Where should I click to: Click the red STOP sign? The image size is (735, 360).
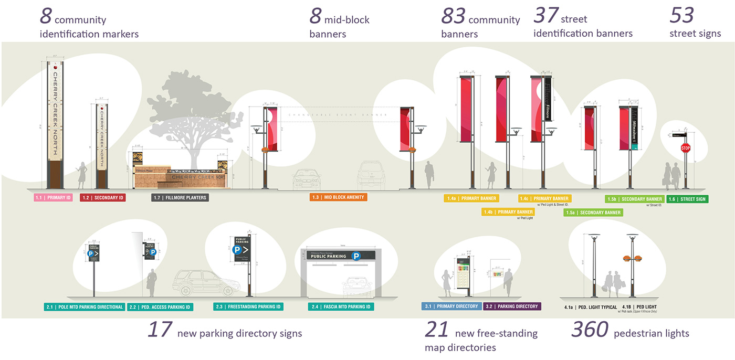(685, 148)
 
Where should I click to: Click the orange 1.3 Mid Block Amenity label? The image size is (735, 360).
(338, 197)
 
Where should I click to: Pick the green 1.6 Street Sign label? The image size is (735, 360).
(687, 199)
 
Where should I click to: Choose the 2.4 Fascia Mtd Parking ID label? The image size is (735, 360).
(341, 306)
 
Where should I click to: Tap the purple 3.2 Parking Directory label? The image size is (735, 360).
(512, 306)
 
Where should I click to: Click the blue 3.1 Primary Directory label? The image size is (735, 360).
(451, 306)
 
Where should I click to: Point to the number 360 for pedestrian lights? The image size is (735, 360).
(590, 330)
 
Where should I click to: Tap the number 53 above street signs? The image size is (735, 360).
(682, 16)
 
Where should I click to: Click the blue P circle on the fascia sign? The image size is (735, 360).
(356, 256)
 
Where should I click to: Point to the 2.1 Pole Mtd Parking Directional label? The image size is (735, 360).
(84, 307)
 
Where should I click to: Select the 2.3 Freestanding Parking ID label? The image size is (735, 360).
(248, 306)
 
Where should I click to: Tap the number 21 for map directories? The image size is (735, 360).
(436, 330)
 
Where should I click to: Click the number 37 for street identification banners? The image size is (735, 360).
(545, 16)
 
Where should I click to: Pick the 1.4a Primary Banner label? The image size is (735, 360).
(471, 198)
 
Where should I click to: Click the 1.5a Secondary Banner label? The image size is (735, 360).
(593, 213)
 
